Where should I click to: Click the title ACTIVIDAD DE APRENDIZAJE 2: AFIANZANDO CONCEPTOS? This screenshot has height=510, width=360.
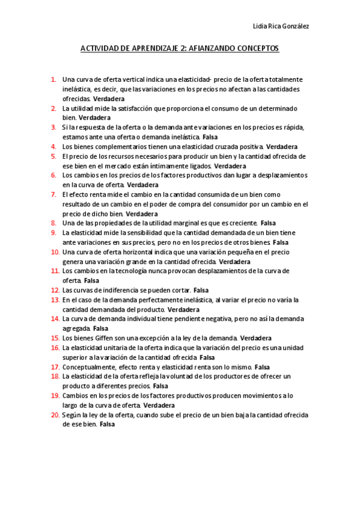[x=180, y=49]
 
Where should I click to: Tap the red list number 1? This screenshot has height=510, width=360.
[x=53, y=79]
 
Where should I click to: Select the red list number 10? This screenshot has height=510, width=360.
[x=55, y=252]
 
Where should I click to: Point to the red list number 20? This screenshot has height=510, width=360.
[x=55, y=415]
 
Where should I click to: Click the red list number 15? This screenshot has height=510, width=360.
[x=55, y=338]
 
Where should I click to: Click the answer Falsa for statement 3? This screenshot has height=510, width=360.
[x=210, y=137]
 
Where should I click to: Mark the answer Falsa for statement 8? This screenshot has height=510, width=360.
[x=268, y=223]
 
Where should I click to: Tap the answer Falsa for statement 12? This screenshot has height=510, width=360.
[x=201, y=290]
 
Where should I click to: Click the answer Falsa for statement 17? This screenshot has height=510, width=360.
[x=262, y=367]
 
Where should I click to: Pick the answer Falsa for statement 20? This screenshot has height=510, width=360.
[x=107, y=425]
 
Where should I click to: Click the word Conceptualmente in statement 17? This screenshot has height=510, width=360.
[x=92, y=367]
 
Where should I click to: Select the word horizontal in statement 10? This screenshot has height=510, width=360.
[x=133, y=252]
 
